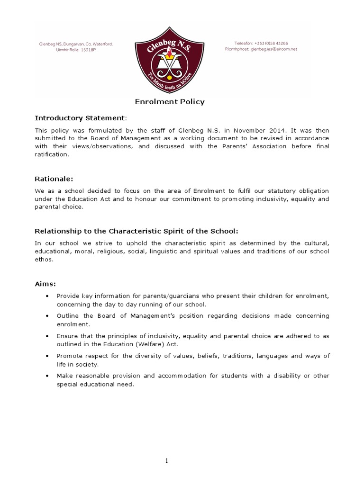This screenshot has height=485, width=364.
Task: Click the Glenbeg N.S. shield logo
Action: click(182, 59)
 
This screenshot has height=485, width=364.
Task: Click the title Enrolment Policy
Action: click(170, 101)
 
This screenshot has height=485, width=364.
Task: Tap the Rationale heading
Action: click(54, 179)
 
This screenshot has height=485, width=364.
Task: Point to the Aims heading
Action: click(45, 284)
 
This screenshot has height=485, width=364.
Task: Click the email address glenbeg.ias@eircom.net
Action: click(274, 49)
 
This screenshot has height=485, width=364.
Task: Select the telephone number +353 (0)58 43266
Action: click(281, 43)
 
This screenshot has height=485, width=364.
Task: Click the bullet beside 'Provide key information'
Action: click(47, 296)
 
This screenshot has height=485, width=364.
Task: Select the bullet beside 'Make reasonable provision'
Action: click(47, 376)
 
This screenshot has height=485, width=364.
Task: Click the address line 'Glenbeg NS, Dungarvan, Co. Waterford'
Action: click(76, 44)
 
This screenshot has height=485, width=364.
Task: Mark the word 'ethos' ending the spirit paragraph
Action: click(44, 260)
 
